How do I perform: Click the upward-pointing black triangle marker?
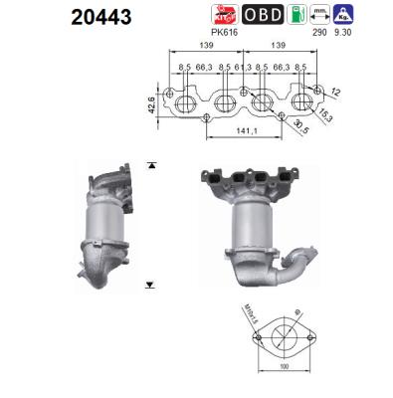(150, 162)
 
